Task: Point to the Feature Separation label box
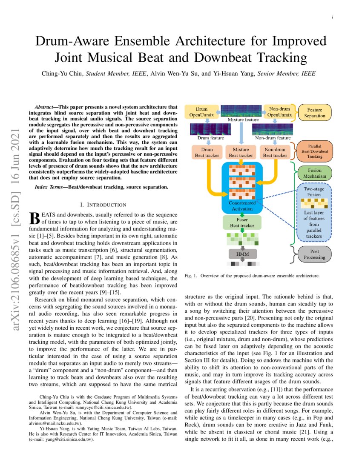tap(315, 112)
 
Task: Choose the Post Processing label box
tap(315, 254)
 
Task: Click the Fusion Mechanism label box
tap(315, 173)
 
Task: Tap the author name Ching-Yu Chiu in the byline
tap(62, 74)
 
